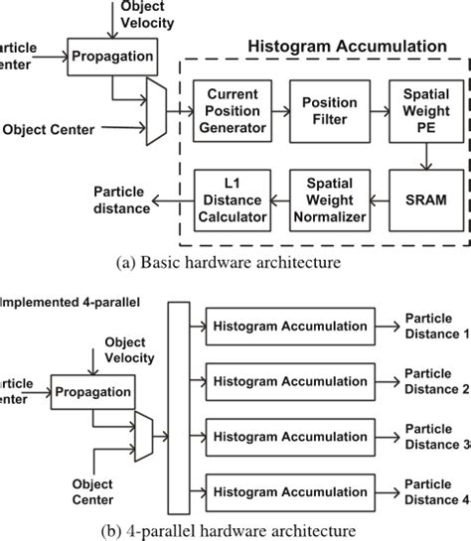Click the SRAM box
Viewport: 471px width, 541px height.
tap(417, 200)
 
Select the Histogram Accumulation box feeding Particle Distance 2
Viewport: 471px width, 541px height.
tap(287, 381)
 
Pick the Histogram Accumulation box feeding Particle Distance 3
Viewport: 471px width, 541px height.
tap(287, 436)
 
